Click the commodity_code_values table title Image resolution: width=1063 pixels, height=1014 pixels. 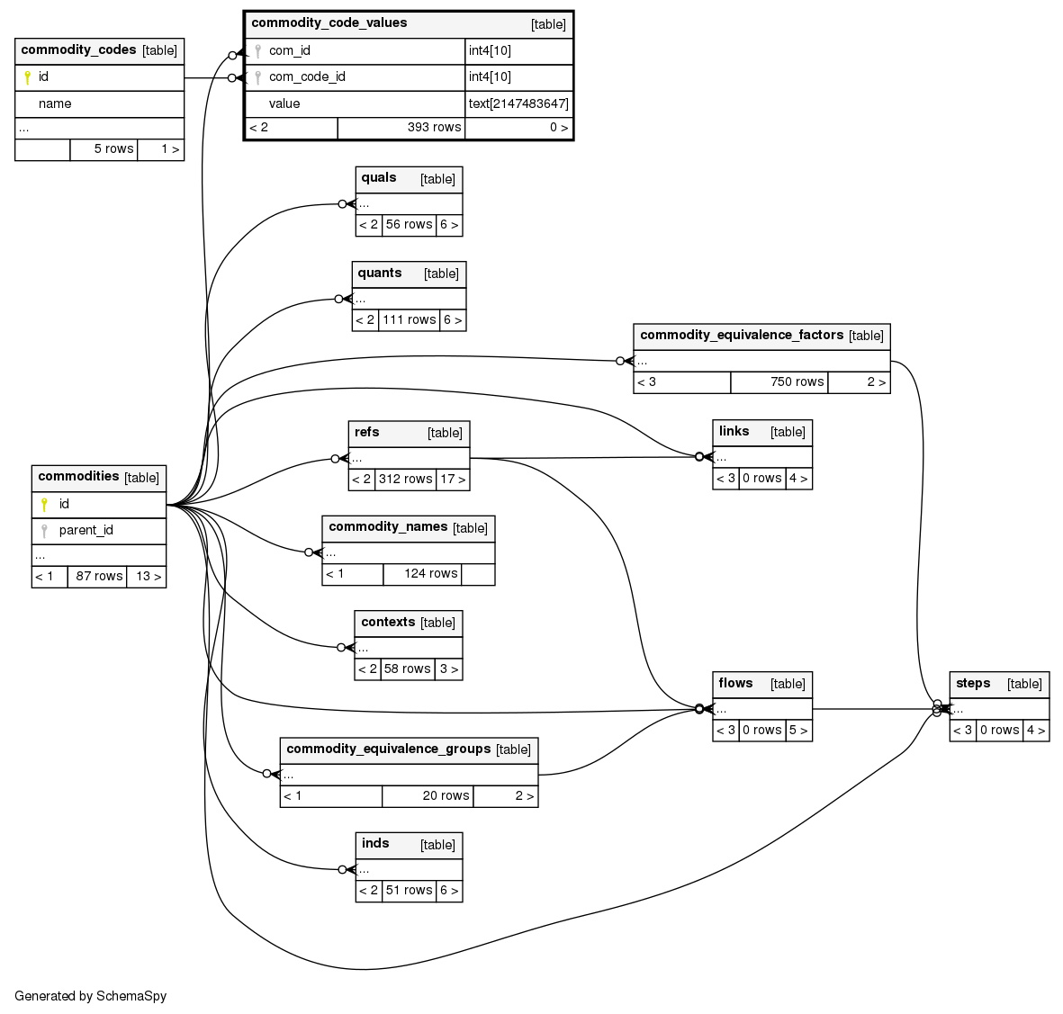pyautogui.click(x=329, y=23)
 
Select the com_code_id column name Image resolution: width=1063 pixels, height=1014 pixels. pyautogui.click(x=307, y=77)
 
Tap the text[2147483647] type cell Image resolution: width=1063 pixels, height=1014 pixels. pyautogui.click(x=518, y=103)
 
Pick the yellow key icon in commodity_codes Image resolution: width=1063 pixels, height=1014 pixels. pyautogui.click(x=27, y=78)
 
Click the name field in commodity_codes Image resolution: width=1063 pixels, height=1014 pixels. pyautogui.click(x=55, y=104)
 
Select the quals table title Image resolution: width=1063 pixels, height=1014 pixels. pyautogui.click(x=379, y=178)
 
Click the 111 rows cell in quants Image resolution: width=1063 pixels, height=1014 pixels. pyautogui.click(x=409, y=320)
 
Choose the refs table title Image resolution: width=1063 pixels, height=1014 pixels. pyautogui.click(x=367, y=433)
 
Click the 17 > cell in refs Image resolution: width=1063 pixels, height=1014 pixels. pyautogui.click(x=453, y=480)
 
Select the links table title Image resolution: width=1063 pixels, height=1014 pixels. pyautogui.click(x=734, y=432)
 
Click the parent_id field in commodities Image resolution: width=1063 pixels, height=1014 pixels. pyautogui.click(x=86, y=530)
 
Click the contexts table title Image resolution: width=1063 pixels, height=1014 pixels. pyautogui.click(x=388, y=623)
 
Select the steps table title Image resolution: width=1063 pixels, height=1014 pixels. pyautogui.click(x=973, y=684)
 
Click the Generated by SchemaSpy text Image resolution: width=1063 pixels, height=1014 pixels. pyautogui.click(x=91, y=997)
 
